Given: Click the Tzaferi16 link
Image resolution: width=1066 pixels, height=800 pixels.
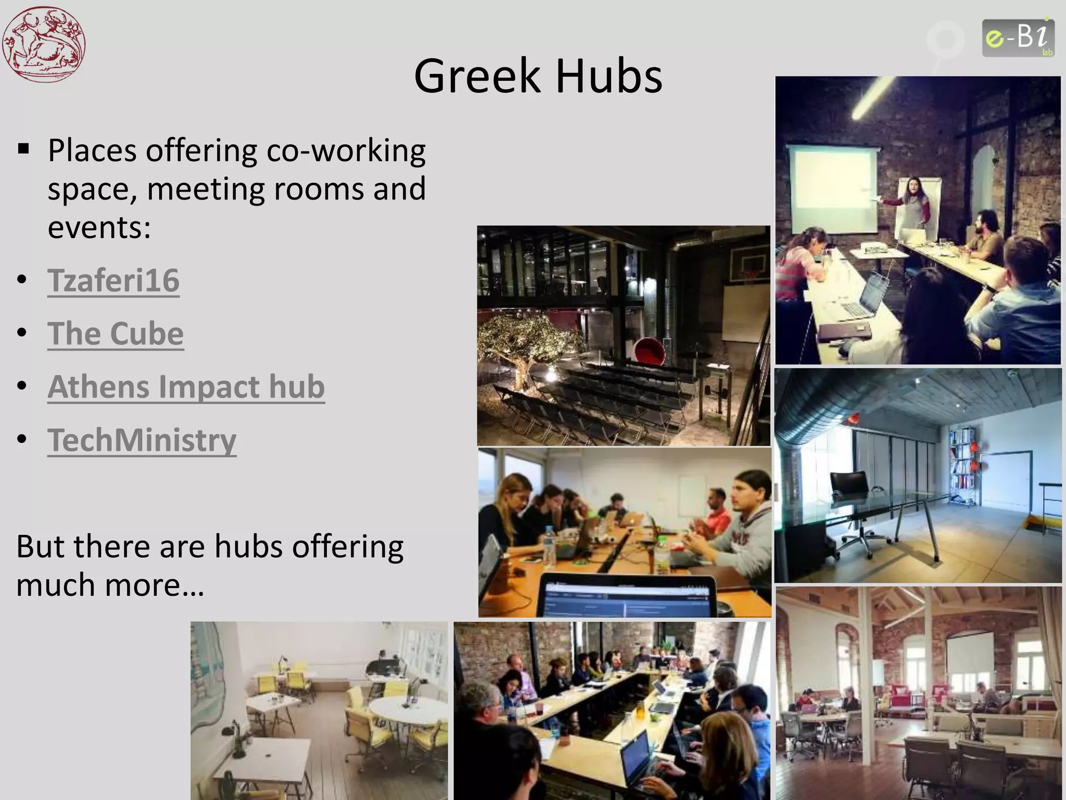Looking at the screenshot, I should [x=113, y=280].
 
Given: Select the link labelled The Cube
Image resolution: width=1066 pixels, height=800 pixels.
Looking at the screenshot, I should [x=116, y=333].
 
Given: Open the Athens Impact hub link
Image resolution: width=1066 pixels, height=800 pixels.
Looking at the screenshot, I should [x=186, y=386].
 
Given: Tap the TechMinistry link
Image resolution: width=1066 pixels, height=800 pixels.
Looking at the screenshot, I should [x=142, y=440].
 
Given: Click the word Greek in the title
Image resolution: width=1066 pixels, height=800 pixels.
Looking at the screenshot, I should [x=477, y=77].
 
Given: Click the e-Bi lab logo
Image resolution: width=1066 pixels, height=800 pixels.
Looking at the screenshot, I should [x=1018, y=37].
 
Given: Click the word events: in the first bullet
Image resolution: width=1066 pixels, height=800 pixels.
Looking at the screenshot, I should [x=99, y=227].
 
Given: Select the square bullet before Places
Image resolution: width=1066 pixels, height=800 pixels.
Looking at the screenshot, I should [x=23, y=150].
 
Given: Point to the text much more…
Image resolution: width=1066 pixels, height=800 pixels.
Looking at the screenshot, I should [x=110, y=584].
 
